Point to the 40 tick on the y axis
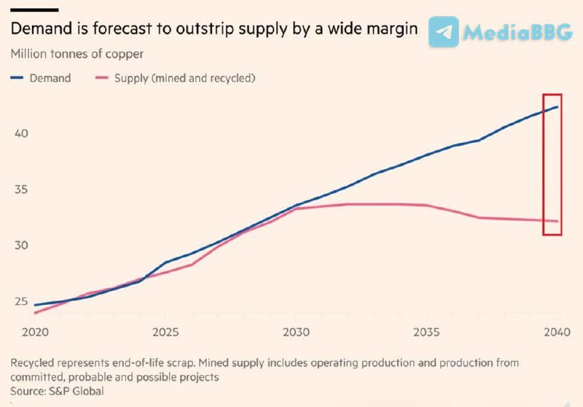pyautogui.click(x=22, y=134)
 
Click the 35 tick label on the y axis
pyautogui.click(x=22, y=190)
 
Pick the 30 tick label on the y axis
pyautogui.click(x=22, y=245)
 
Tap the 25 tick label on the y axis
pyautogui.click(x=22, y=301)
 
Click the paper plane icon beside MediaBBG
pyautogui.click(x=444, y=32)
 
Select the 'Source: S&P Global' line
pyautogui.click(x=58, y=391)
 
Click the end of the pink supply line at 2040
pyautogui.click(x=557, y=221)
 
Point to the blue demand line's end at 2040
pyautogui.click(x=557, y=107)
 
